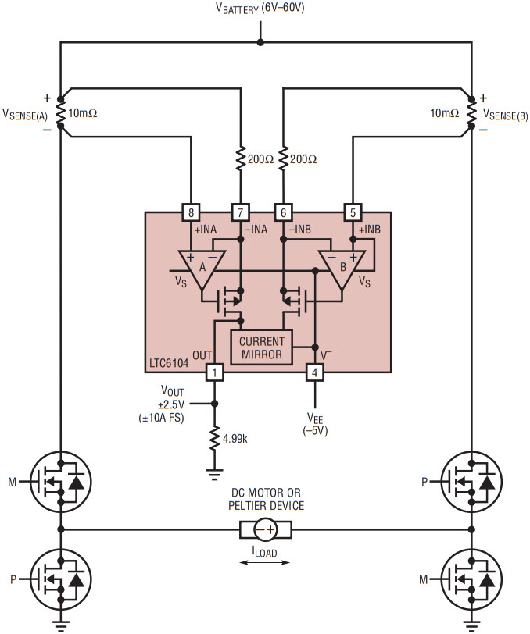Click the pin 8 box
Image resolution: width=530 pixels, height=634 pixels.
click(191, 212)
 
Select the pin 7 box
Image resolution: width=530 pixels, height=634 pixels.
click(240, 212)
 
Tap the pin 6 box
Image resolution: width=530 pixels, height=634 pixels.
click(283, 212)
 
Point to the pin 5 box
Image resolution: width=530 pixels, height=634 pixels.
click(353, 212)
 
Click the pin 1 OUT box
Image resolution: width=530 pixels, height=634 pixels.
click(215, 373)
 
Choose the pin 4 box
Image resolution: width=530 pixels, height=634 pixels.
click(313, 373)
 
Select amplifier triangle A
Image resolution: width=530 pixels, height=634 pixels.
click(201, 269)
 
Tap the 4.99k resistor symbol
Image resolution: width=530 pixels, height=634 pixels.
click(216, 438)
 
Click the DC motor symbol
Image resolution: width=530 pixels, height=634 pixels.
click(265, 530)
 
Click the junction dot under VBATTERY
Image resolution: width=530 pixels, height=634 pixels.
click(260, 43)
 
